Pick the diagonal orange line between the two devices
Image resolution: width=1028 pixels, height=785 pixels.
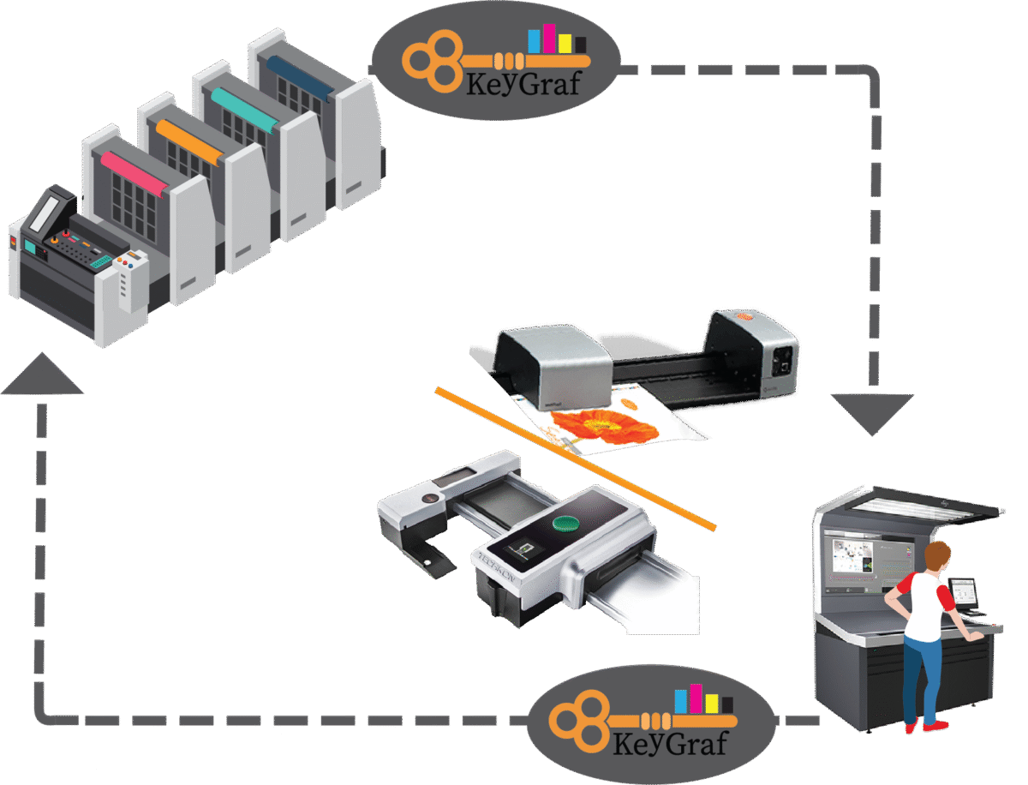[x=575, y=458]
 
